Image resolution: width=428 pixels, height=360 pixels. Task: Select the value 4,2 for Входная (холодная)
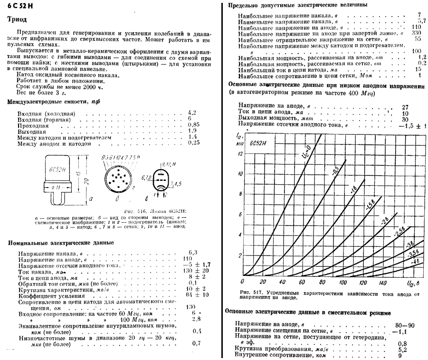[192, 113]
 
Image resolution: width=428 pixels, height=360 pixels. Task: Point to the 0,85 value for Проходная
[193, 124]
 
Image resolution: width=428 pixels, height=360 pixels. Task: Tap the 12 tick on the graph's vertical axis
[240, 154]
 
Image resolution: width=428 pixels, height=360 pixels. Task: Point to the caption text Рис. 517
[250, 291]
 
